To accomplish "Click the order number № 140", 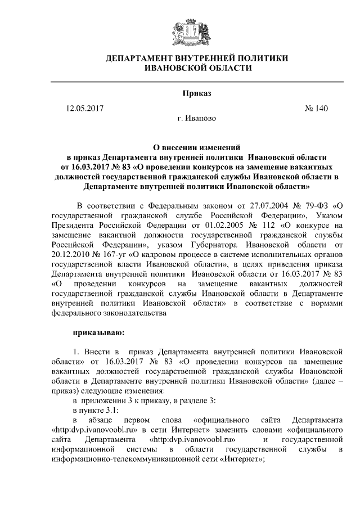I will [316, 107].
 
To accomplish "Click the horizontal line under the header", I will [196, 82].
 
